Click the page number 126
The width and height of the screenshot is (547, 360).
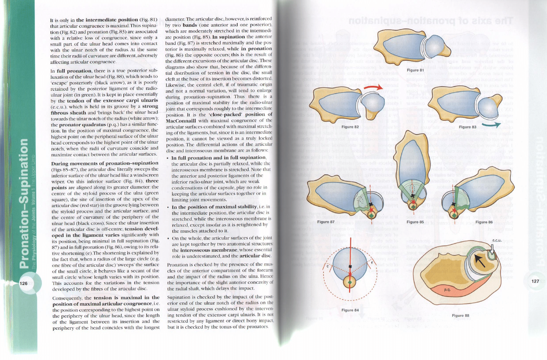pos(24,283)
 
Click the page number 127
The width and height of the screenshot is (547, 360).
pos(535,281)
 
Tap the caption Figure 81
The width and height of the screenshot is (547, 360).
pos(413,70)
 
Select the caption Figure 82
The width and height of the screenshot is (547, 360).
pos(350,127)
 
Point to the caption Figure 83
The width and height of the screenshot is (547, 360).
pos(467,127)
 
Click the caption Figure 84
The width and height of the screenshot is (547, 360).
pos(350,310)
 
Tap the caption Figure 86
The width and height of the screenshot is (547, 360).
pos(484,222)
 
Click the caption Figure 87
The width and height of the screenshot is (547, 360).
pos(326,222)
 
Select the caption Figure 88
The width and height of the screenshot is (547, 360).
pos(460,316)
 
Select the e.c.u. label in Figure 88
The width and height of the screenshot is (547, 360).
pos(497,240)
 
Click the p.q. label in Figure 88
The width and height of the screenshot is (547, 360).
pos(447,289)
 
